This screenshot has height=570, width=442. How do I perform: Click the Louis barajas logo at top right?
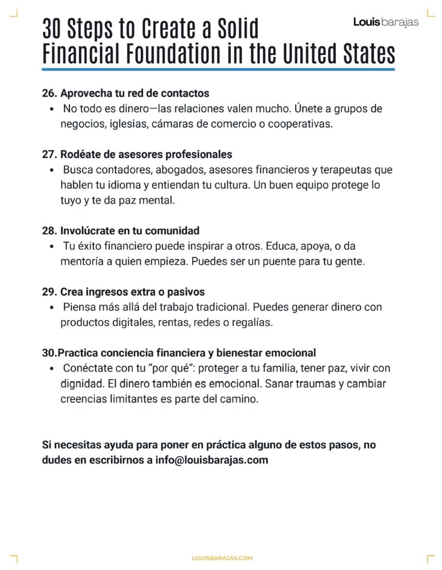pos(386,23)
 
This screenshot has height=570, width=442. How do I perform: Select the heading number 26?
pos(49,93)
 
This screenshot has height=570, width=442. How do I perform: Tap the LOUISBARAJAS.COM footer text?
pos(222,558)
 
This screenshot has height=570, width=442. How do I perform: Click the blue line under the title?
pos(218,70)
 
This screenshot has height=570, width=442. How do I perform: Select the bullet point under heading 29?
pos(52,308)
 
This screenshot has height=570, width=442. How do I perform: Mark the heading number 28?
pos(49,230)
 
